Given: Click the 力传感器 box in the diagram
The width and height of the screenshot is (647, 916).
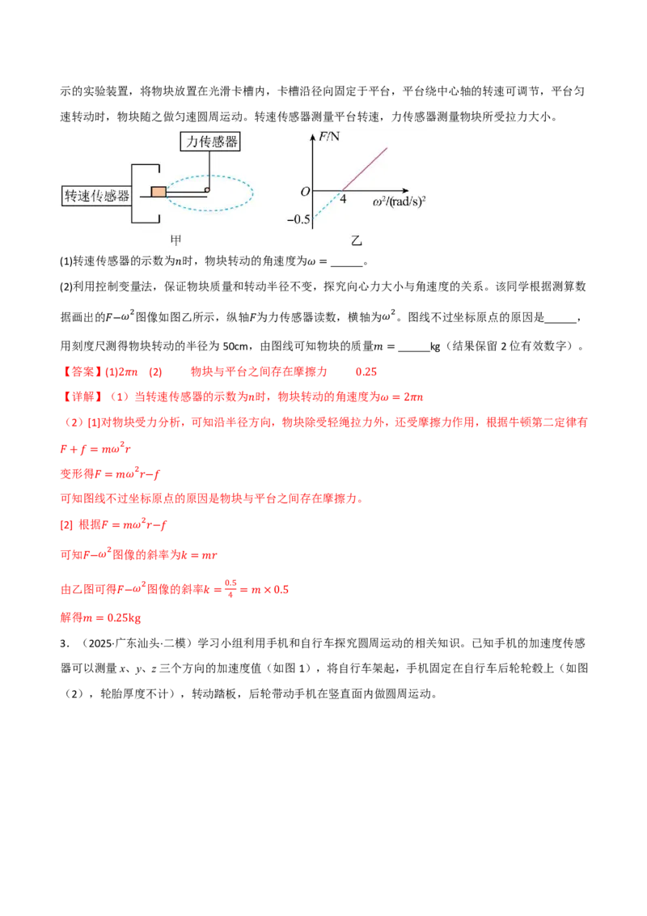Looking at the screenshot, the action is [x=210, y=142].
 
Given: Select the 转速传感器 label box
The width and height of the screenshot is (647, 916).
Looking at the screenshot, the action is [x=96, y=196].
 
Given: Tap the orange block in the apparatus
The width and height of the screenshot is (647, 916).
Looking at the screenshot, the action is [x=159, y=192].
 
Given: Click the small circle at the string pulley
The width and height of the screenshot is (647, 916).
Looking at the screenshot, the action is [x=207, y=190].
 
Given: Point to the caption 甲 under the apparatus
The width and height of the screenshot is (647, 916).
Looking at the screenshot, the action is [x=175, y=240].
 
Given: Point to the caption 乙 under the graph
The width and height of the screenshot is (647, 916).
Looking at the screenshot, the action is [x=356, y=240].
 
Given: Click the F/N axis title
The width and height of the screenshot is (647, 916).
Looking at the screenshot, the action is [x=329, y=137].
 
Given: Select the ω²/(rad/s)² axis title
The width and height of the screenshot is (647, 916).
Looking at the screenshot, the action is [x=400, y=202].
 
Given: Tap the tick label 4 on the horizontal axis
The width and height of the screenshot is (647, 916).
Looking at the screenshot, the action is [x=344, y=199].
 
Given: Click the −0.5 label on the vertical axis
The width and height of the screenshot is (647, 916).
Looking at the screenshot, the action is [x=298, y=219].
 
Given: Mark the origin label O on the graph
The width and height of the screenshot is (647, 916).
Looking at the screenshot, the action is [x=305, y=192].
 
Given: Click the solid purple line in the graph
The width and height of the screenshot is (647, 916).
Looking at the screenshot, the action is [x=365, y=169].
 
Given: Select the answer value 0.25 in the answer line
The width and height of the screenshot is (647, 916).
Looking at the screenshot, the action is [x=366, y=371].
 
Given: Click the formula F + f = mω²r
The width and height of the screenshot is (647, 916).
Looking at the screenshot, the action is [x=95, y=448].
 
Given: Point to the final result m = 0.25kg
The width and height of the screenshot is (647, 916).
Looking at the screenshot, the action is [x=100, y=617].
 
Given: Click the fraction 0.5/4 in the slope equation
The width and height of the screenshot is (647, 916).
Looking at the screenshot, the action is [x=230, y=588].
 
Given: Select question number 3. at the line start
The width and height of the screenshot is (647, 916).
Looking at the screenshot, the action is [x=64, y=643].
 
